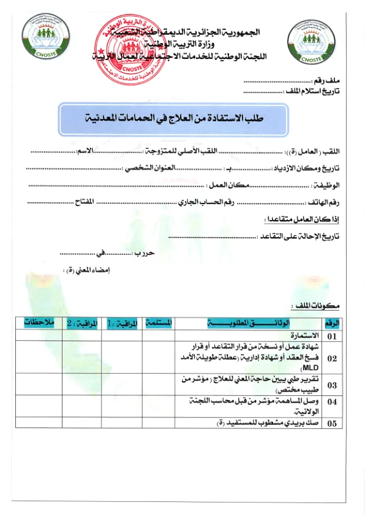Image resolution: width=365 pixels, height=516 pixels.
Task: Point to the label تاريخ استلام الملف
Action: (x=312, y=91)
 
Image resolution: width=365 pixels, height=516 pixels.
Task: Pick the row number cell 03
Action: (x=332, y=385)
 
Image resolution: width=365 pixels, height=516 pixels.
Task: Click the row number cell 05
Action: (x=332, y=423)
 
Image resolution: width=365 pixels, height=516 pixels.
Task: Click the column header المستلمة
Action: (x=160, y=322)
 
